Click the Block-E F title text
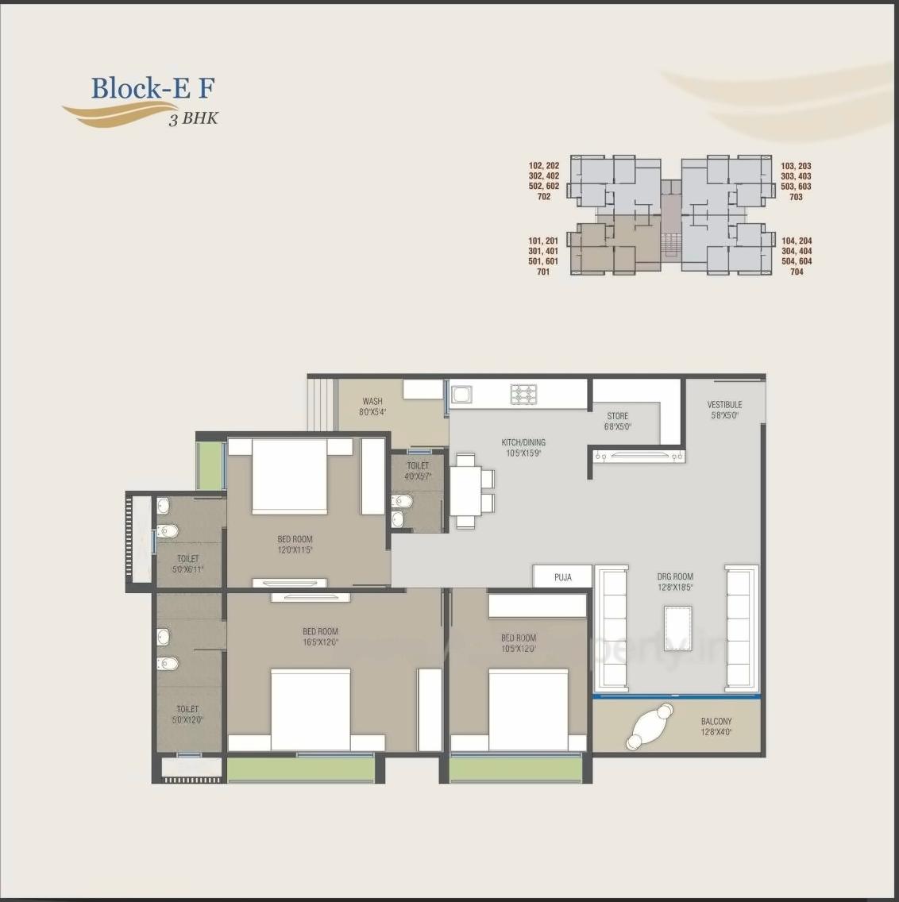tap(152, 88)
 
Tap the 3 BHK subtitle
tap(193, 120)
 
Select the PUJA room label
tap(562, 577)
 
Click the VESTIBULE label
tap(724, 404)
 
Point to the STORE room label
tap(617, 416)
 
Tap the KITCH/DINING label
tap(523, 442)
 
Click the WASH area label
tap(372, 402)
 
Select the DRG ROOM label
tap(675, 576)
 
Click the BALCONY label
tap(716, 721)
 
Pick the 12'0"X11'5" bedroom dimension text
tap(295, 549)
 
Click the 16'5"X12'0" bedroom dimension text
tap(320, 642)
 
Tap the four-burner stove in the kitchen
tap(523, 394)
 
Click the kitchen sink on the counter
tap(461, 394)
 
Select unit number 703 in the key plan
tap(796, 197)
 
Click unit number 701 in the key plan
tap(543, 272)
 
